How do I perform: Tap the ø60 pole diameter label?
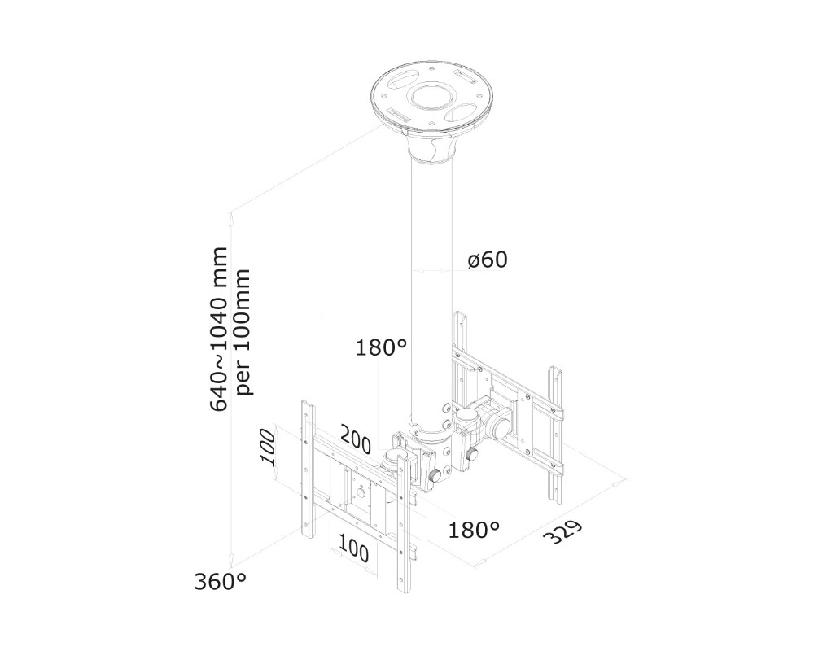(x=488, y=260)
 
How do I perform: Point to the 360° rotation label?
(x=220, y=582)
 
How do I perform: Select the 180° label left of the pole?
(x=381, y=348)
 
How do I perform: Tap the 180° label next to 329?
(x=474, y=530)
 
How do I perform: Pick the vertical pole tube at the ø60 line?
(x=431, y=269)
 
